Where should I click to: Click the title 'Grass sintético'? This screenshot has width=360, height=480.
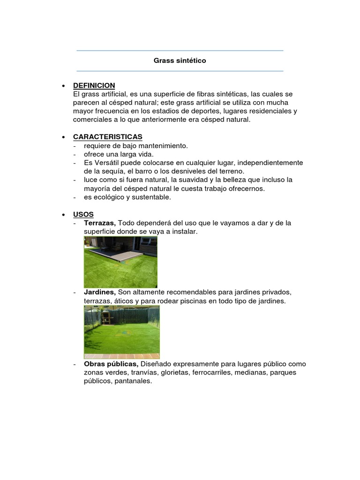(180, 61)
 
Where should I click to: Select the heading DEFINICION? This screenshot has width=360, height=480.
(94, 85)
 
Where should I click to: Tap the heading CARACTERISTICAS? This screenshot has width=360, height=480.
(107, 137)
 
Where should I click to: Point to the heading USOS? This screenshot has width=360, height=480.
(83, 214)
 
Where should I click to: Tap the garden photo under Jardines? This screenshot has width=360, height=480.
(122, 328)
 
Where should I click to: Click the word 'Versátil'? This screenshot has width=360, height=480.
(107, 163)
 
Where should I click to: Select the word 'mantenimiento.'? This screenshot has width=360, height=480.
(165, 146)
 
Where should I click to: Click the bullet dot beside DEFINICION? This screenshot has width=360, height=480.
(63, 86)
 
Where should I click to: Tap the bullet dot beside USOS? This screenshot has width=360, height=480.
(63, 215)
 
